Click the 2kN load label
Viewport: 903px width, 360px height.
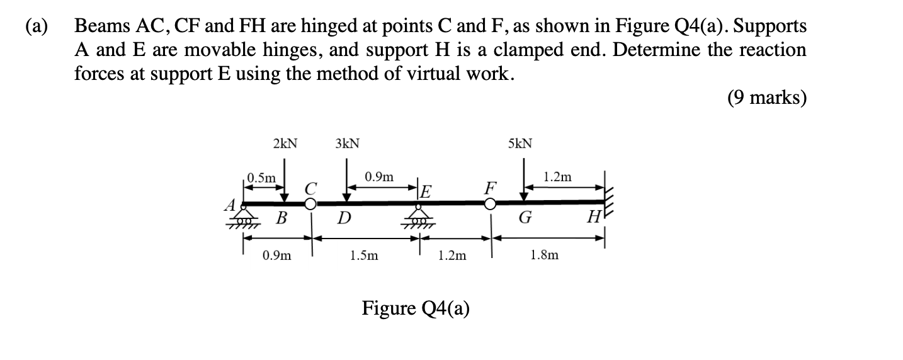coord(285,143)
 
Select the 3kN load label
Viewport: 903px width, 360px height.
coord(348,143)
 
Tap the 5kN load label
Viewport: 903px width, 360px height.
coord(520,143)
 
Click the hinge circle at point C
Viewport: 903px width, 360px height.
coord(310,203)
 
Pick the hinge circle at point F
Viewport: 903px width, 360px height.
coord(490,203)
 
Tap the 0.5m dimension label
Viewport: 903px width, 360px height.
coord(261,178)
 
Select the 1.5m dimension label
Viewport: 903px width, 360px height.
coord(365,256)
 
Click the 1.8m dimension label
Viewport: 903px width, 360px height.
coord(544,256)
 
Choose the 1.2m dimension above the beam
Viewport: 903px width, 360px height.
coord(557,177)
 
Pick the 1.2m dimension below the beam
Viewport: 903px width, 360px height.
coord(452,256)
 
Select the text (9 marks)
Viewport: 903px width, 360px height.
coord(766,98)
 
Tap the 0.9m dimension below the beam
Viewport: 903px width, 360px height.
coord(278,256)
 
